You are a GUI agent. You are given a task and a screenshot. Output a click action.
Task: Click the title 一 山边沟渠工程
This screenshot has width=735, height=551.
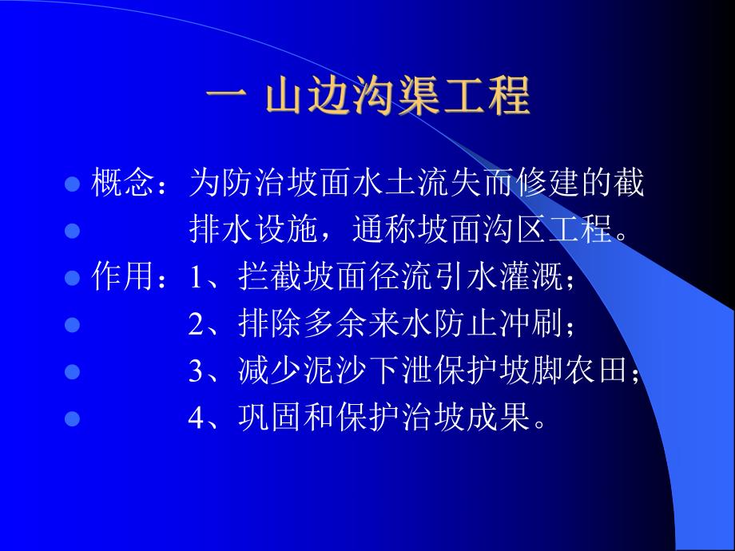click(367, 98)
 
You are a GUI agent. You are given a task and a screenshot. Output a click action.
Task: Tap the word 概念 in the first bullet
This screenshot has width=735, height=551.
click(117, 184)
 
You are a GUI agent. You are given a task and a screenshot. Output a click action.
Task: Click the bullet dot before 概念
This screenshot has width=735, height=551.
click(72, 185)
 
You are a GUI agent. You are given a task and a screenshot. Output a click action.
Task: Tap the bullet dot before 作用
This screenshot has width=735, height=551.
click(72, 279)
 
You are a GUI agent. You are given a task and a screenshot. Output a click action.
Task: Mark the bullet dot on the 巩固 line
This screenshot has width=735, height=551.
click(72, 418)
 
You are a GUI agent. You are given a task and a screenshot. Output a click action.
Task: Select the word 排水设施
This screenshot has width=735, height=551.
click(239, 231)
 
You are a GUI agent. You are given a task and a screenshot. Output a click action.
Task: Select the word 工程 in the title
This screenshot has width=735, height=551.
click(491, 98)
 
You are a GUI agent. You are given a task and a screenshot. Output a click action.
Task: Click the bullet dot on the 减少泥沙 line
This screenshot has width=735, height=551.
click(72, 371)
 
